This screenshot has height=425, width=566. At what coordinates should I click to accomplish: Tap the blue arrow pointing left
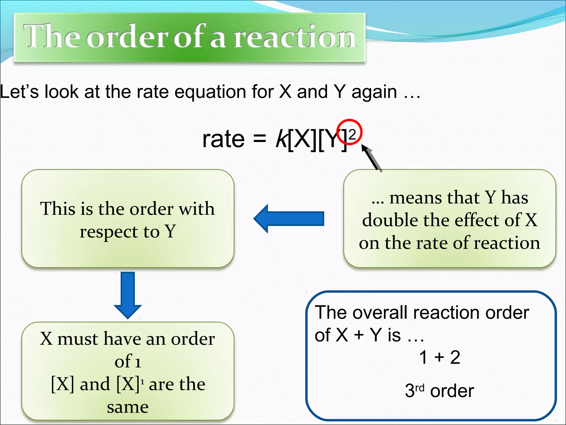pos(289,219)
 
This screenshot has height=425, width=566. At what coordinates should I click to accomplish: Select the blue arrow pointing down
pos(128,295)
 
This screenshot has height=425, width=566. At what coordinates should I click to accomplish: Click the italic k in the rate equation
pos(282,139)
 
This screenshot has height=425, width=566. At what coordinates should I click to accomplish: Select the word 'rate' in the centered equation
pos(223,139)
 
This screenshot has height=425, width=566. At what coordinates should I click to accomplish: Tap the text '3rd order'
pos(439,391)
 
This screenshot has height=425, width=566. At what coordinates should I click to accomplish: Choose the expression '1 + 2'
pos(439,357)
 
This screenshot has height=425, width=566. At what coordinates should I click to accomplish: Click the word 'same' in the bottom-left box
pos(128,407)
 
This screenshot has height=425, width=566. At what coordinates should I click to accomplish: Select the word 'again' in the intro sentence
pos(374,92)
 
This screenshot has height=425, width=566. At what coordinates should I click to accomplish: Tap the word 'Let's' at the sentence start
pos(19,92)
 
